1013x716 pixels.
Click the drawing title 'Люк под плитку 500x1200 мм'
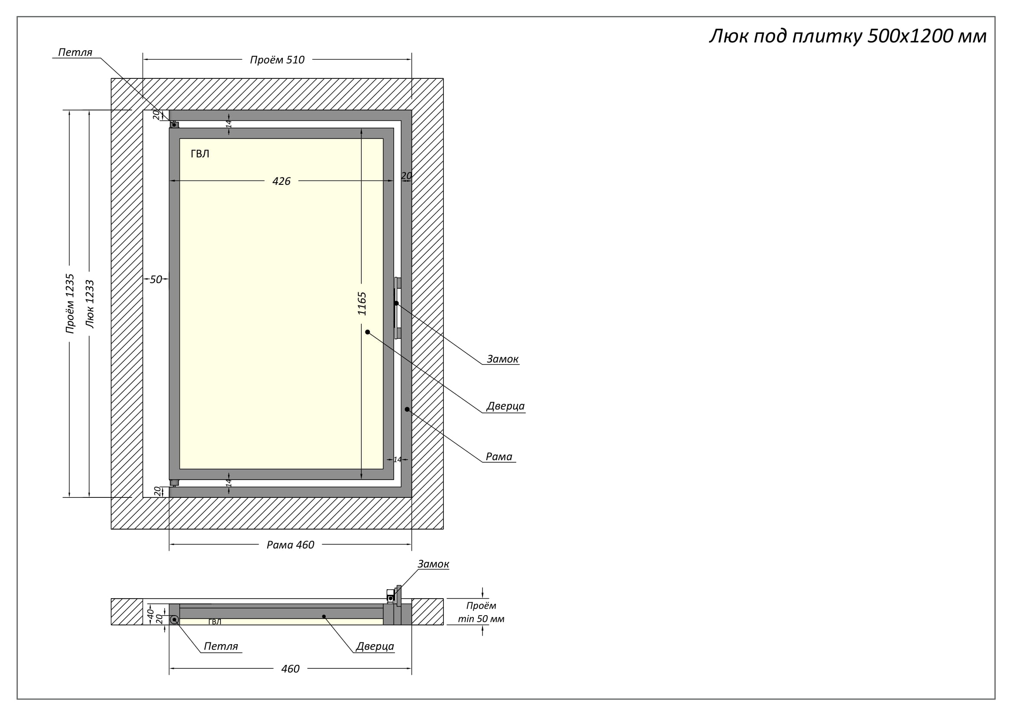coord(848,36)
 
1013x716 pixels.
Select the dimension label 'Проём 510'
coord(277,60)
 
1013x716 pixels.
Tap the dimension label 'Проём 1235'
coord(70,303)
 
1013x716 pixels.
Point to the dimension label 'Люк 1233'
coord(90,304)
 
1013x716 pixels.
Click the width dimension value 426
coord(282,181)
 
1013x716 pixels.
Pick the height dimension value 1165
coord(362,303)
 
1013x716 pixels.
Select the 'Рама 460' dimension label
coord(290,545)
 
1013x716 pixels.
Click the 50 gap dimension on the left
coord(156,280)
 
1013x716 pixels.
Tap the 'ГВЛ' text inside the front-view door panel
coord(200,154)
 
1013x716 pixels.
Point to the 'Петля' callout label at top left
coord(75,52)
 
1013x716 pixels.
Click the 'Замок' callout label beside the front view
coord(502,359)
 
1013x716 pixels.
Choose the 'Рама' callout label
coord(498,456)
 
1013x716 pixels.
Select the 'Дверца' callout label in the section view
coord(375,646)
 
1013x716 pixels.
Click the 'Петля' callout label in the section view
coord(220,646)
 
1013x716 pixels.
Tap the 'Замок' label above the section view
coord(433,564)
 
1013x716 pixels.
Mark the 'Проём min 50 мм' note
coord(481,612)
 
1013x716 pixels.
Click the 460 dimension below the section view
coord(290,669)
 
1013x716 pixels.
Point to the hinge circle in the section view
coord(175,620)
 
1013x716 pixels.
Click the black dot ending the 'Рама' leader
coord(407,410)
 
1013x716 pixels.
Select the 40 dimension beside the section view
coord(150,613)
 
